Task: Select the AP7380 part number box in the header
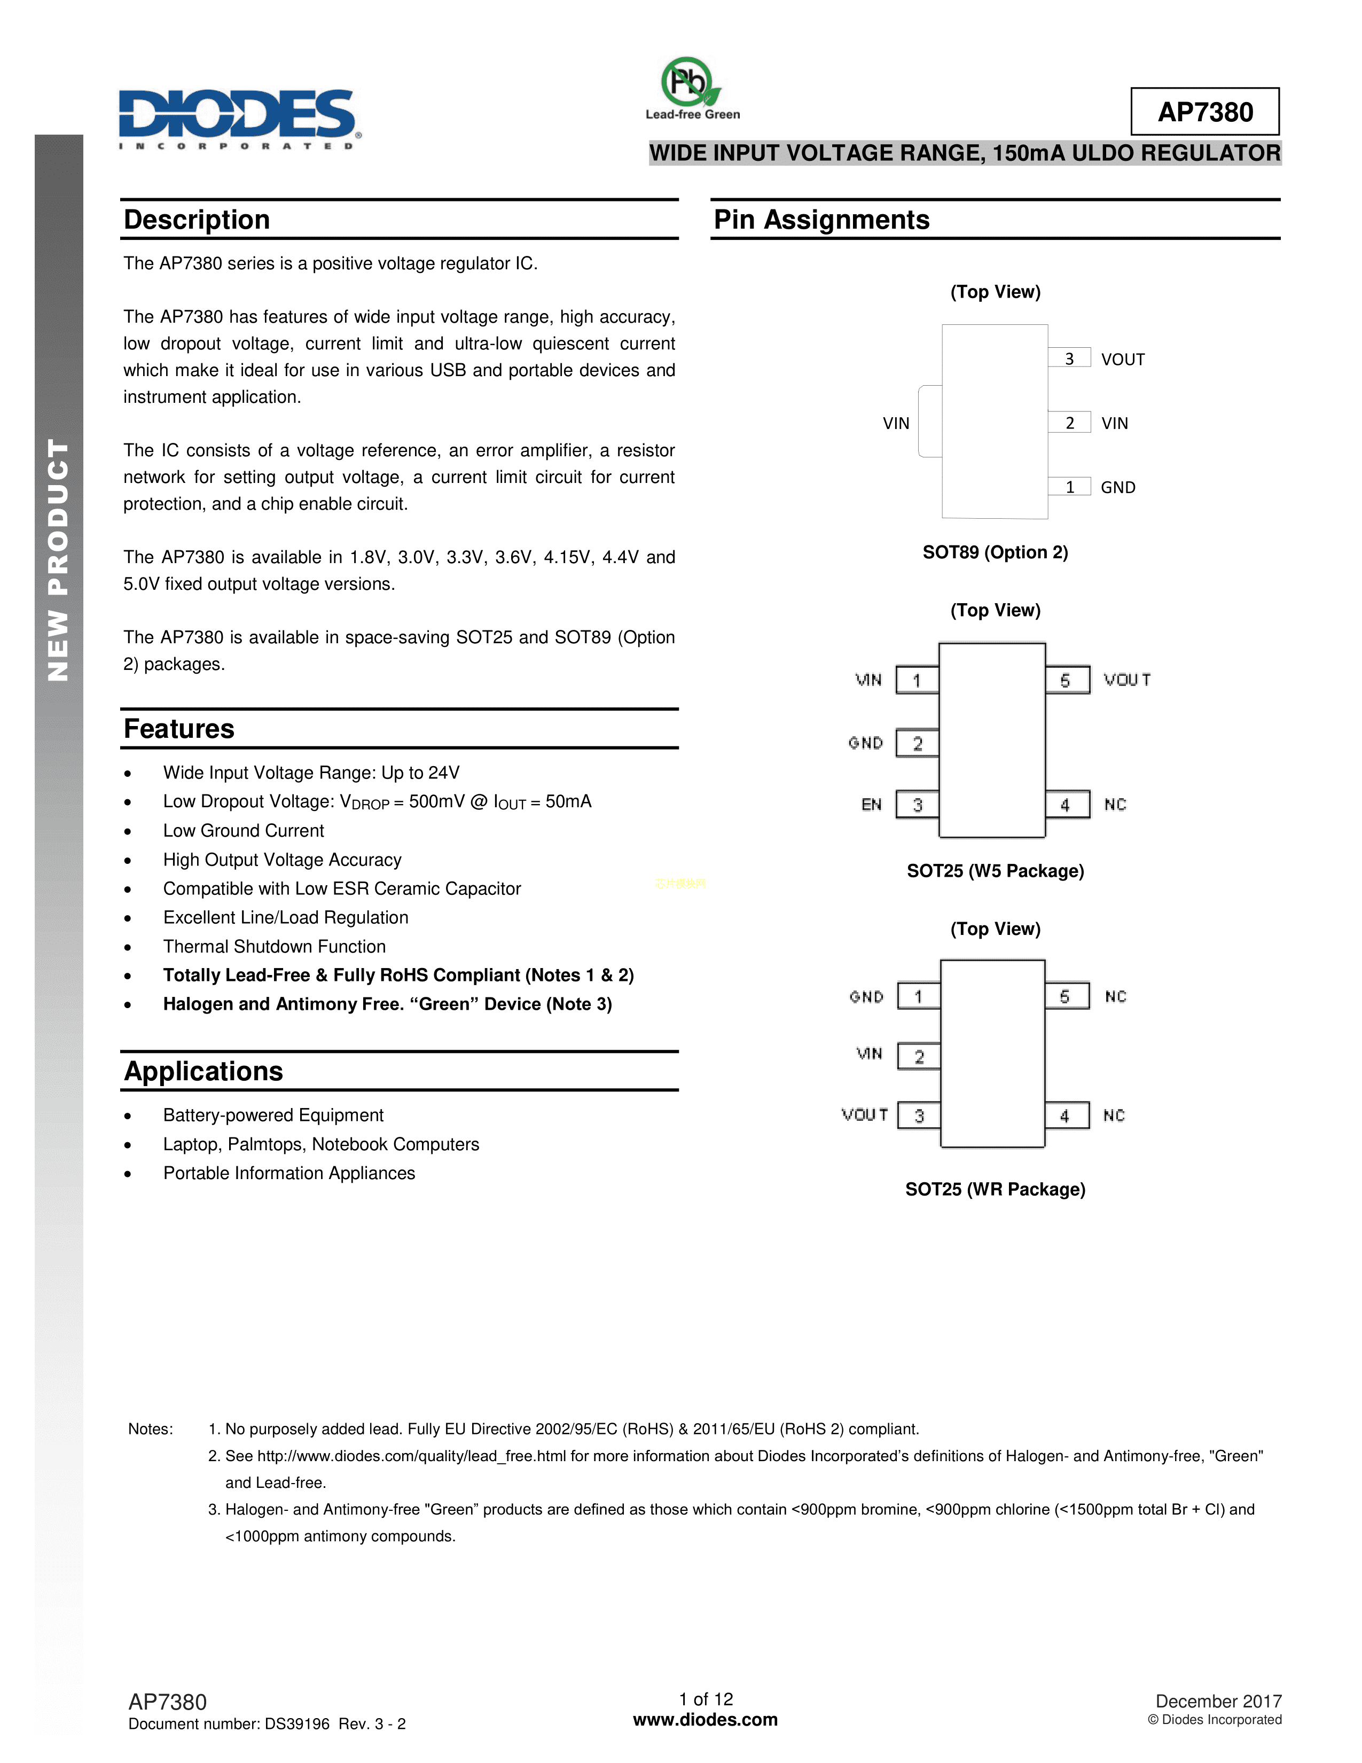[1204, 112]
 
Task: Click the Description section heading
[197, 220]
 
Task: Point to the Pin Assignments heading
[821, 220]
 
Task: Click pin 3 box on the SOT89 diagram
[1069, 358]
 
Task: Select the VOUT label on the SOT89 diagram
[1122, 359]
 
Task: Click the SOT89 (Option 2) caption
[995, 552]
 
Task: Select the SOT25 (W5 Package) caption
[995, 871]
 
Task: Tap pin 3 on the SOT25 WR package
[919, 1115]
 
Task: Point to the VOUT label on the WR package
[864, 1115]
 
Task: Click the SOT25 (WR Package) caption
[995, 1189]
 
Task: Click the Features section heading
[179, 729]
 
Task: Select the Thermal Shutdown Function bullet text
[275, 946]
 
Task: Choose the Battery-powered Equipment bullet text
[273, 1115]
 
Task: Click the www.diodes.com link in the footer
[705, 1719]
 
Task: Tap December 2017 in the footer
[1218, 1701]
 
